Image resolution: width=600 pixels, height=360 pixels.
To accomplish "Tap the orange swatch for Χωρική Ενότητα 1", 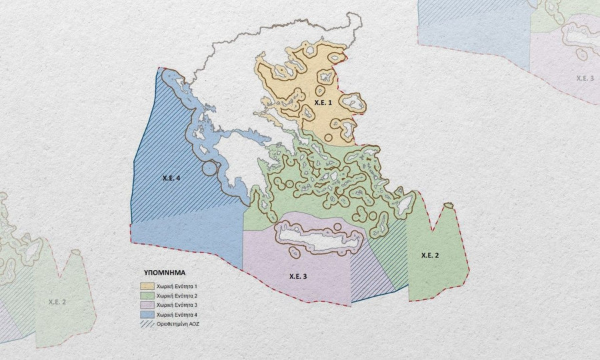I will click(x=148, y=285).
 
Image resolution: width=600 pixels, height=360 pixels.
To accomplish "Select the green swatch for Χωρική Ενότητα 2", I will click(x=148, y=295).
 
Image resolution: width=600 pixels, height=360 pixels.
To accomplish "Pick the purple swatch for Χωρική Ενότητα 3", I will click(x=148, y=304).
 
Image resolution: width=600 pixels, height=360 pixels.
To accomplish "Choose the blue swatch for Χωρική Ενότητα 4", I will click(x=148, y=313).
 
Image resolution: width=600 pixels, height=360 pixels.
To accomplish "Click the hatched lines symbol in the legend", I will click(x=148, y=323).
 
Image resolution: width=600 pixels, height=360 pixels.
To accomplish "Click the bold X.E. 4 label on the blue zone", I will click(x=171, y=179).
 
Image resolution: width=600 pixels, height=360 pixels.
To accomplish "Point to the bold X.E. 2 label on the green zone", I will click(x=430, y=255).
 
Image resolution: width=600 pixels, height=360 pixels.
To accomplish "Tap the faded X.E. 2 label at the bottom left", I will click(x=58, y=302).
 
